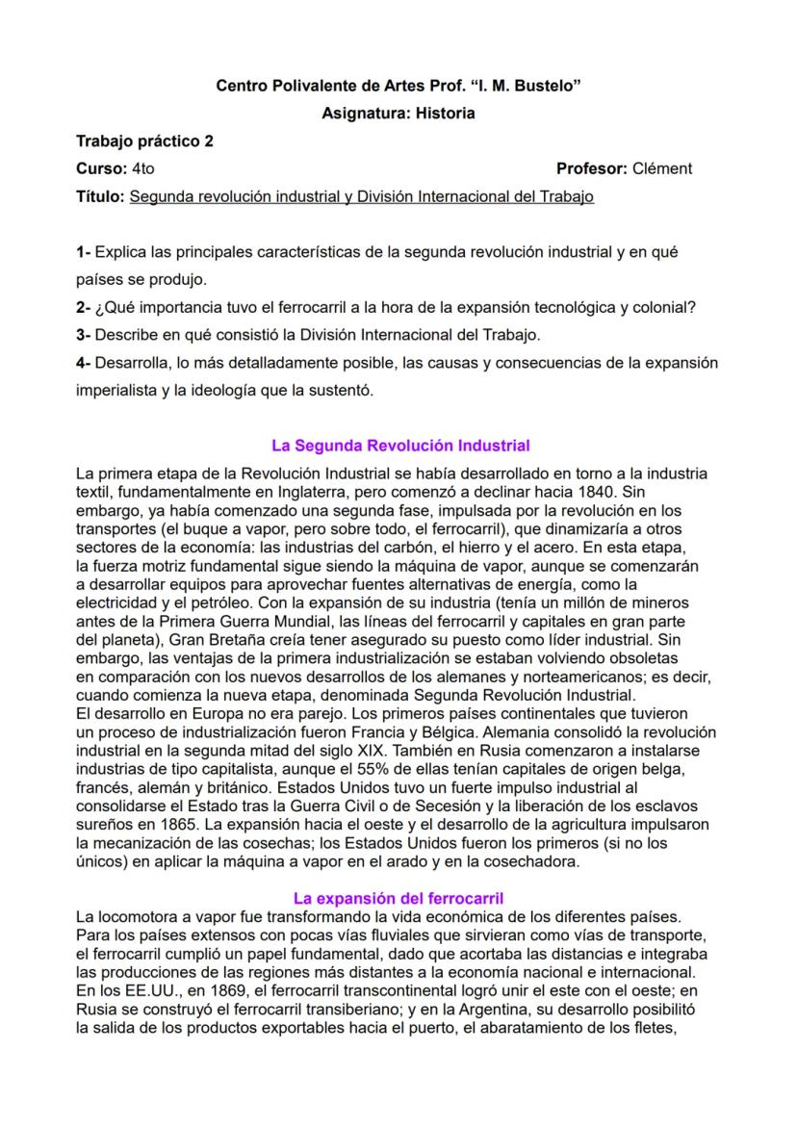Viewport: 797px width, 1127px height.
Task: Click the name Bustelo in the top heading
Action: click(545, 87)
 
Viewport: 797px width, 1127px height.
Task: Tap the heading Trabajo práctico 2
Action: click(144, 141)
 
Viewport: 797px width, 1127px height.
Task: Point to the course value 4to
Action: click(141, 169)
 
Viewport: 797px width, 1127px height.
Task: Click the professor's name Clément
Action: click(662, 169)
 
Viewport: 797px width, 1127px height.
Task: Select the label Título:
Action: click(100, 197)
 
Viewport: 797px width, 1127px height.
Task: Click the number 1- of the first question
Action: click(84, 253)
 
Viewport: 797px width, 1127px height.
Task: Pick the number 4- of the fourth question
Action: click(84, 365)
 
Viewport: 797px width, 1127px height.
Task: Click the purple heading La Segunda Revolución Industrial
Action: click(400, 447)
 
